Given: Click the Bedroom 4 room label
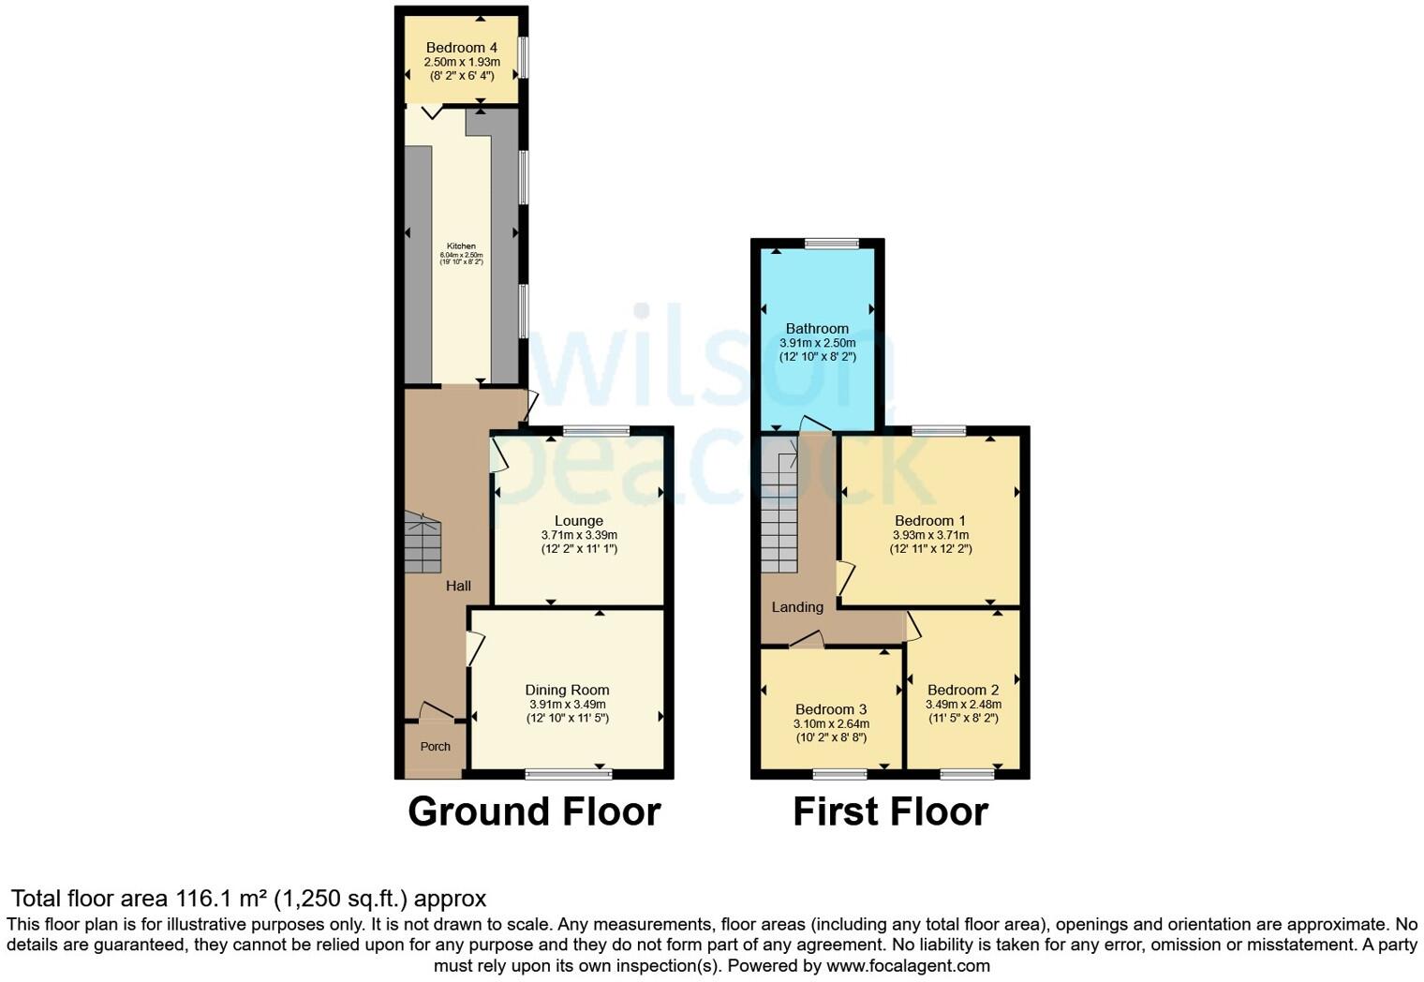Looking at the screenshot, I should (461, 48).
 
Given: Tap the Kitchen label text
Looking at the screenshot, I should (461, 246).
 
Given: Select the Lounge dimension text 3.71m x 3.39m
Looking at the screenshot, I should (579, 535).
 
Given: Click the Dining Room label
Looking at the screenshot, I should (567, 690).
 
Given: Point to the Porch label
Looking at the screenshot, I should (435, 747).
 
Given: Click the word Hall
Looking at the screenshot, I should (458, 586).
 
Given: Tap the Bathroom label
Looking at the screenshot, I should (817, 328).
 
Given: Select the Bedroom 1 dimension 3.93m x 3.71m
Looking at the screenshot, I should (930, 535).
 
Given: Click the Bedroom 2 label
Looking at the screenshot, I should (963, 690).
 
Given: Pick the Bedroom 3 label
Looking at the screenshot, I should (831, 709).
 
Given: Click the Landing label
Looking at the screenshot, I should (797, 607).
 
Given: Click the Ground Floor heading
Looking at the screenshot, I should (534, 811).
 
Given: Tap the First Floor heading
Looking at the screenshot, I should (890, 811).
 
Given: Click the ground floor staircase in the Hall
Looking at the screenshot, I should (423, 543).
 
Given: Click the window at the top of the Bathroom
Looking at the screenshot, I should (831, 244).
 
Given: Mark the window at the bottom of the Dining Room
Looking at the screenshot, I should (569, 774).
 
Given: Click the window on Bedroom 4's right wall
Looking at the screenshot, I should (524, 57).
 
